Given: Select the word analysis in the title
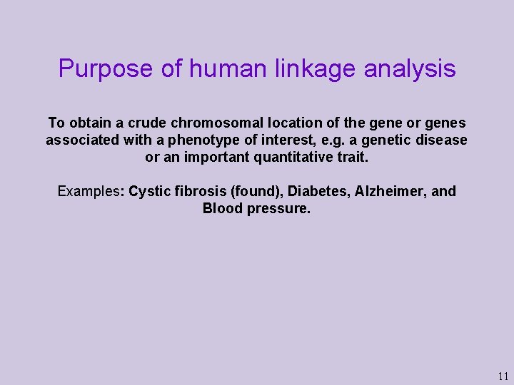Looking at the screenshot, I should (410, 69).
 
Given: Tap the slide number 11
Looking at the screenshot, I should (503, 376).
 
